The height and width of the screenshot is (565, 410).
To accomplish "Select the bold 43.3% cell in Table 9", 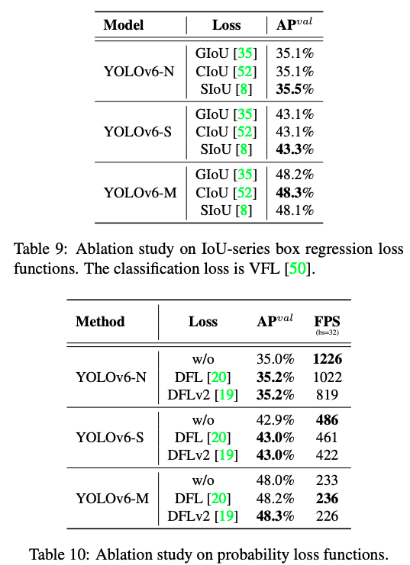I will pos(295,149).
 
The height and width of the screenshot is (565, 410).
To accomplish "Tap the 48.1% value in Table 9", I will pos(295,210).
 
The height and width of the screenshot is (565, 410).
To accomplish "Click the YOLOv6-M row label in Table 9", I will pos(140,192).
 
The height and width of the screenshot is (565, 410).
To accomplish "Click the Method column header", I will pos(100,321).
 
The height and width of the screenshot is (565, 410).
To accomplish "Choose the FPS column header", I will pos(327,319).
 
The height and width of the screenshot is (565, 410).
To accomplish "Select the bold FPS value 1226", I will pos(327,358).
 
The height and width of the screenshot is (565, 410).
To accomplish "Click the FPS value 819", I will pos(327,395).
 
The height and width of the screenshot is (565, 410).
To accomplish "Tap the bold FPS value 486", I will pos(327,420).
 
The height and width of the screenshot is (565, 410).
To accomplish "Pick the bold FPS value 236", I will pos(327,499).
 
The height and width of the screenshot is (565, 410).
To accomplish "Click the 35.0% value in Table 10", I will pos(274,358).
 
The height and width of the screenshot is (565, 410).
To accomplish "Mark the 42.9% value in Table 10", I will pos(274,420).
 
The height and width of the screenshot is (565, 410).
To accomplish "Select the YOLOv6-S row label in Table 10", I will pos(111,438).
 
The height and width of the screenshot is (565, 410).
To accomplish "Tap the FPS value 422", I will pos(327,456).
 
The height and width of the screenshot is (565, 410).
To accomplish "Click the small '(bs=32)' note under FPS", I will pos(327,332).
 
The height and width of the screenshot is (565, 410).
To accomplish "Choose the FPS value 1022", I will pos(327,377).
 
